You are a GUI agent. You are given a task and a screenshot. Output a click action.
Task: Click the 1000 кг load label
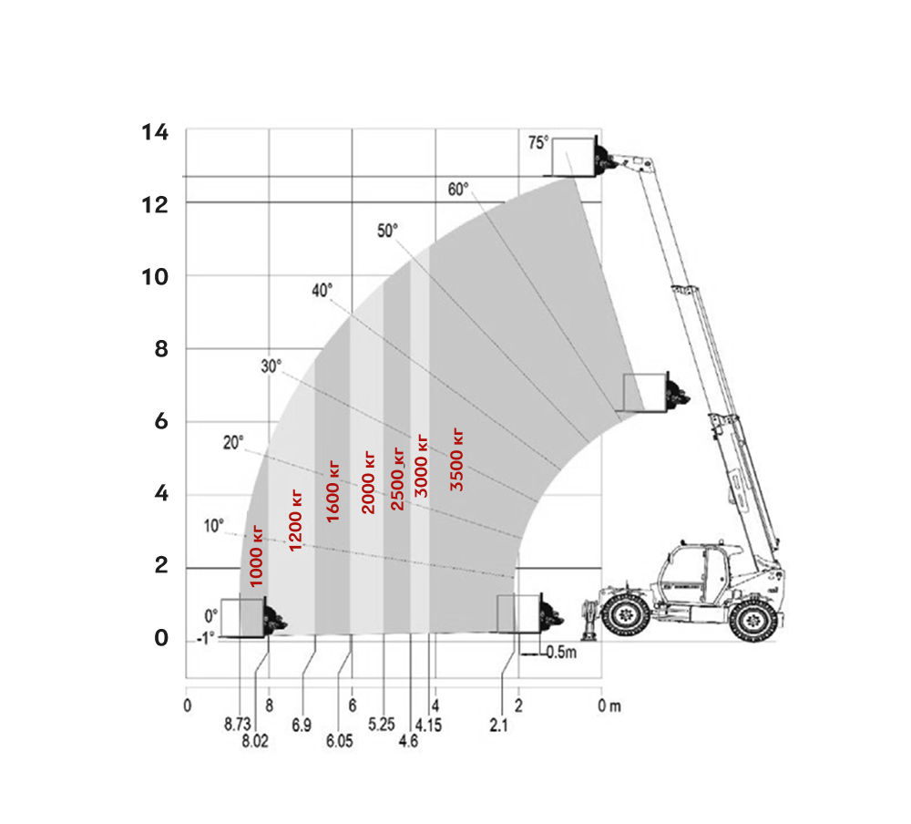click(256, 556)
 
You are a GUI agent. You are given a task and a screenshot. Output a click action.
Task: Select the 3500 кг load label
click(456, 460)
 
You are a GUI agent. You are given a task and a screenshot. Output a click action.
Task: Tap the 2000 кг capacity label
click(368, 483)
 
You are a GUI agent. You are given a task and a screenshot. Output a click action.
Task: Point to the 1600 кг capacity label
click(333, 491)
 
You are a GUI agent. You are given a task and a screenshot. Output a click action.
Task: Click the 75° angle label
click(538, 142)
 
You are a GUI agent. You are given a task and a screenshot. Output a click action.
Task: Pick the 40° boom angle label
click(322, 290)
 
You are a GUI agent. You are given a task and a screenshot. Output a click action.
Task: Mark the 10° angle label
click(213, 526)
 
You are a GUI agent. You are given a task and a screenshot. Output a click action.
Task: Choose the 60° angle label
click(458, 190)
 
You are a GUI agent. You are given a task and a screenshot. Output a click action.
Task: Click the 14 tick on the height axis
click(155, 132)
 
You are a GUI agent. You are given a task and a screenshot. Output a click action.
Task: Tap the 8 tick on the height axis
click(161, 349)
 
